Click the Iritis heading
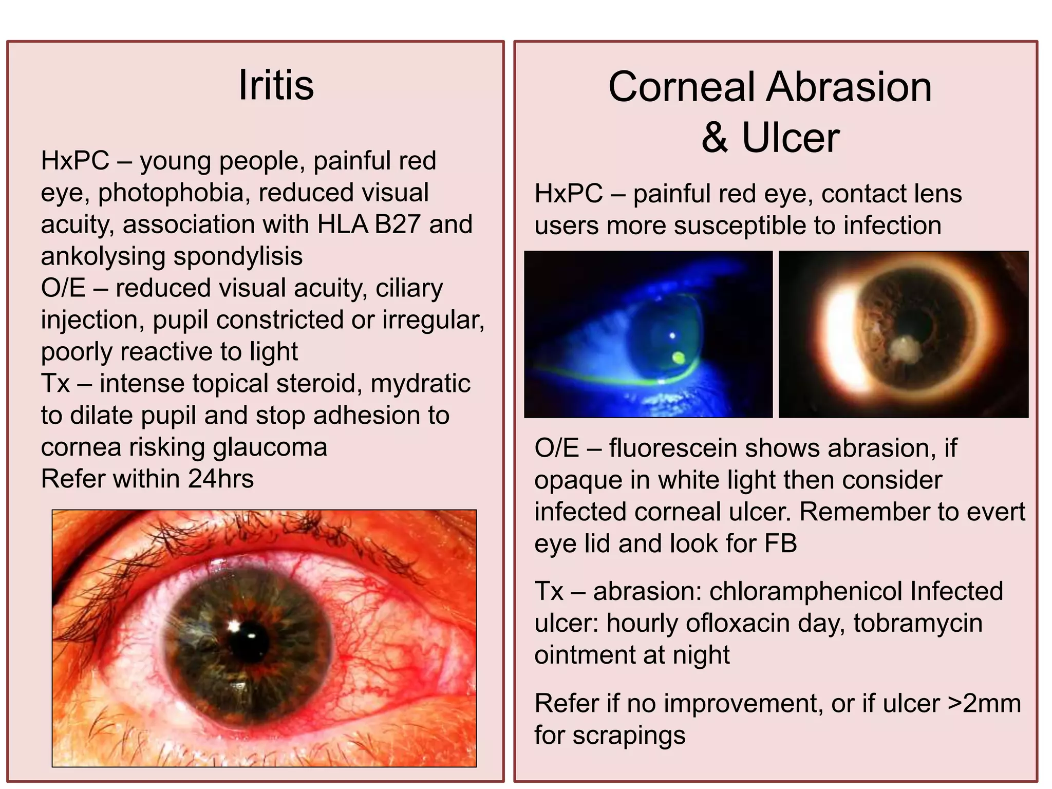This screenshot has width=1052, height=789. tap(276, 85)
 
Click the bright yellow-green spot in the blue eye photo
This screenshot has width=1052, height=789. tap(679, 358)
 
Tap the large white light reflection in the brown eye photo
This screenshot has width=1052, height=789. tap(841, 334)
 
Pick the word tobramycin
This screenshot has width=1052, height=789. tap(917, 623)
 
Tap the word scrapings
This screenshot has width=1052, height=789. tap(629, 736)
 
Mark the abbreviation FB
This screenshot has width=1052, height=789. tap(780, 543)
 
